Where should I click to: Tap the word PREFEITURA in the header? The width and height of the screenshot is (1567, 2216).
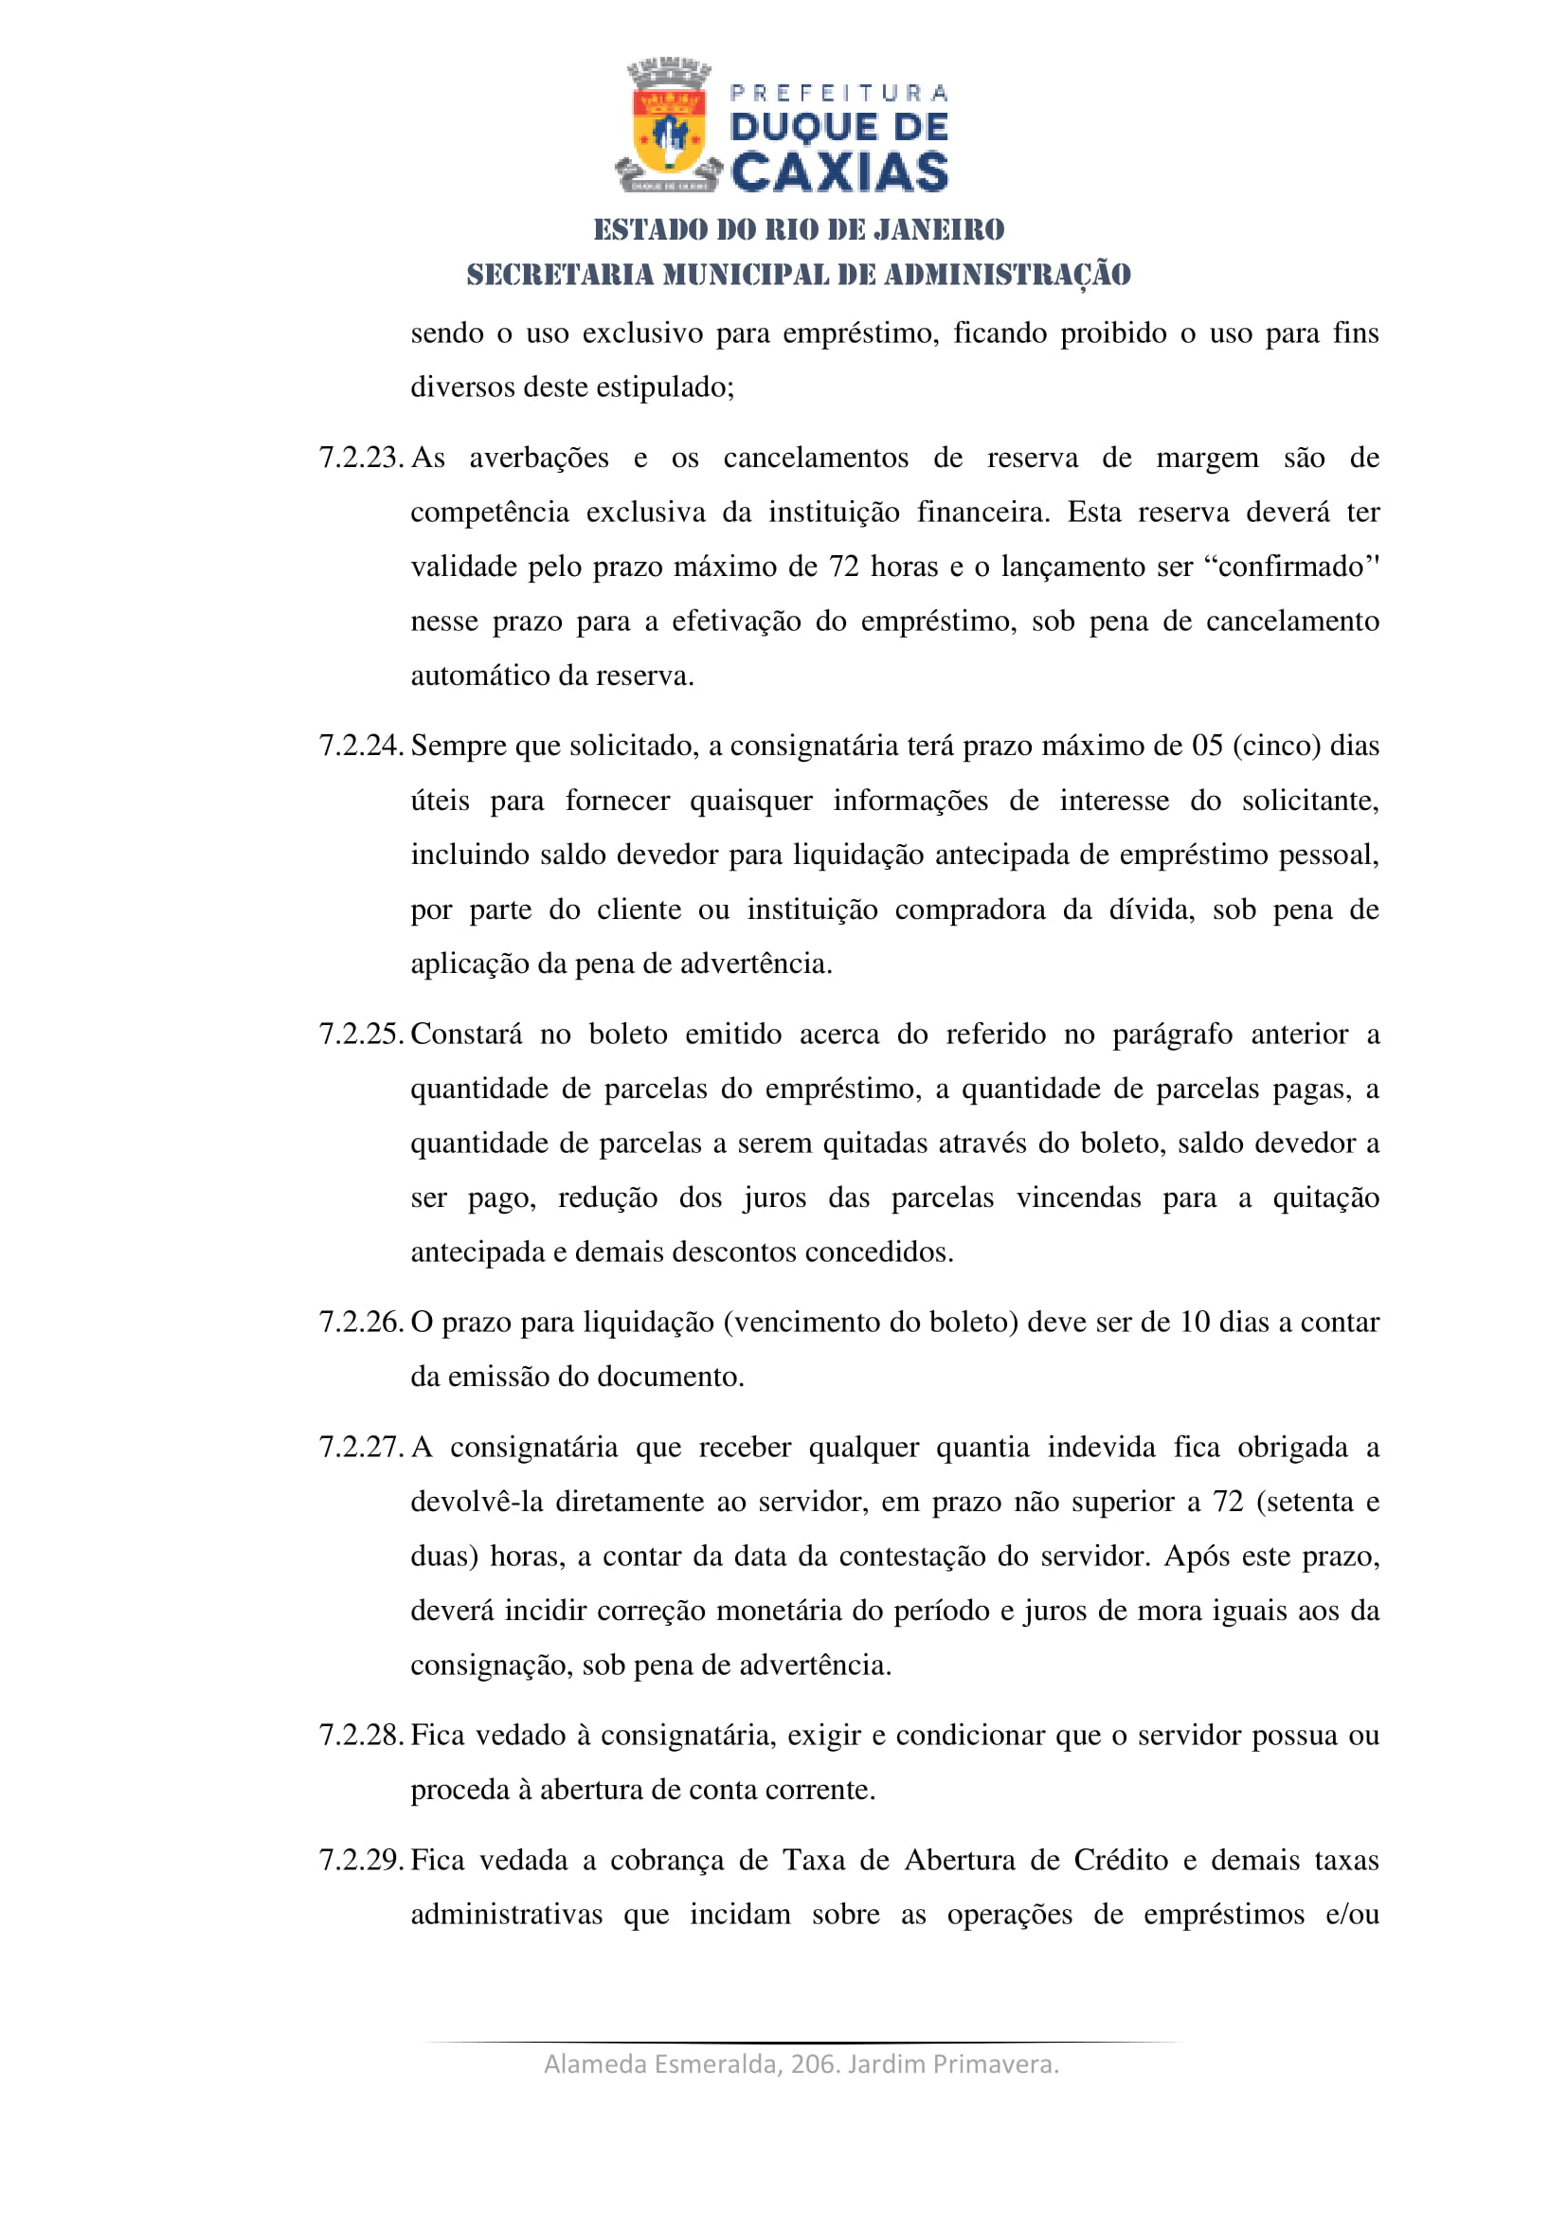tap(839, 94)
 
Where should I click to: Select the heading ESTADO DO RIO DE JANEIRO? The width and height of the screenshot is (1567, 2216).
tap(799, 229)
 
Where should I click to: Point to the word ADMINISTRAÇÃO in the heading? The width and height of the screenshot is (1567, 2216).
tap(1007, 275)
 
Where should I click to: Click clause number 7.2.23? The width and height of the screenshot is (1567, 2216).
tap(360, 458)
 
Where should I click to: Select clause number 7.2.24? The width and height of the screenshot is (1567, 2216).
tap(360, 746)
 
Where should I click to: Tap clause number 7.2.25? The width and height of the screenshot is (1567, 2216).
tap(360, 1035)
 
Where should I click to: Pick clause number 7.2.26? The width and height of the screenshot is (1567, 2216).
tap(360, 1323)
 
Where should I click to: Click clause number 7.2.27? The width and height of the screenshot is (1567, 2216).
tap(360, 1448)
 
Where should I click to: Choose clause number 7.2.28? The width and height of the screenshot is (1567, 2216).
tap(360, 1736)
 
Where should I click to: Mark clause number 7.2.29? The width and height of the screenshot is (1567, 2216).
tap(360, 1860)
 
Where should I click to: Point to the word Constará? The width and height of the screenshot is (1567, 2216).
tap(466, 1035)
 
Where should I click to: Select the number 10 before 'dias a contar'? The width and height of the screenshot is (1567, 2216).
tap(1195, 1323)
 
